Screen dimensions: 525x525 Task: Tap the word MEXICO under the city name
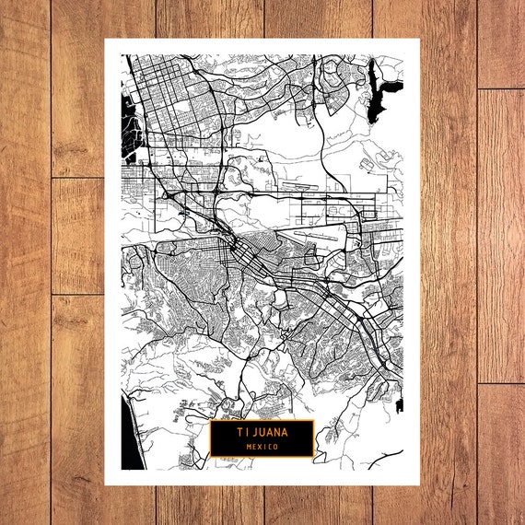pos(262,446)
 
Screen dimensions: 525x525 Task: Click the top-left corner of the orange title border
pos(210,420)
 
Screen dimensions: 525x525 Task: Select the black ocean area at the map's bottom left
pos(133,442)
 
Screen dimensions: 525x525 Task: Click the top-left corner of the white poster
pos(105,39)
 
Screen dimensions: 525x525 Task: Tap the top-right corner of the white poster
pos(419,39)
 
